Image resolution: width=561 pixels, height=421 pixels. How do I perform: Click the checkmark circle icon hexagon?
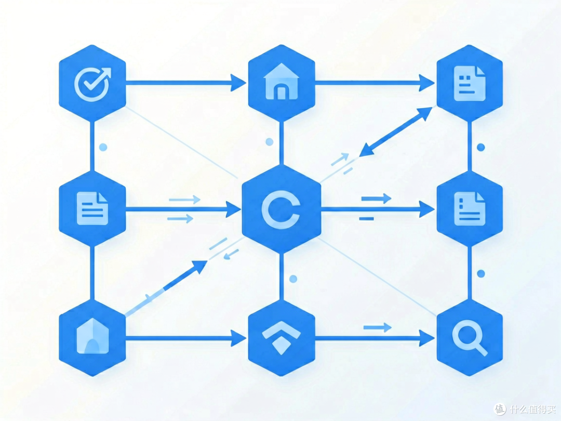pos(92,83)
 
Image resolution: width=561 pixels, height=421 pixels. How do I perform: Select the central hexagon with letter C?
pos(281,209)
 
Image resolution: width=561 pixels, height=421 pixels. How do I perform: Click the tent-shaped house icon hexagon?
pos(92,338)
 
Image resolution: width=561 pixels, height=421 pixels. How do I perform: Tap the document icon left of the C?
pos(92,208)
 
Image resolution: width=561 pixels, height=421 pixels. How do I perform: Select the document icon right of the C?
pos(470,209)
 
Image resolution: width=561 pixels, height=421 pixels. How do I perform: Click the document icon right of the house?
pos(470,83)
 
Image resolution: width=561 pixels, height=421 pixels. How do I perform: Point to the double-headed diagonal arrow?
pos(396,131)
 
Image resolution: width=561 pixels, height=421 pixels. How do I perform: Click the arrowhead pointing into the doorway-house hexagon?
pos(238,83)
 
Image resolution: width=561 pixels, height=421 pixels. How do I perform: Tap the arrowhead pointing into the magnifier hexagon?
pos(427,338)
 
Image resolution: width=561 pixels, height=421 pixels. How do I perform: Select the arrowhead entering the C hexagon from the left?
pos(233,209)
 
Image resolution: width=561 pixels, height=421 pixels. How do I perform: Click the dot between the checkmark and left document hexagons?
pos(103,147)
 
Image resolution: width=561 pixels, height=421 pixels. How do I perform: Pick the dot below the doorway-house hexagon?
pos(270,142)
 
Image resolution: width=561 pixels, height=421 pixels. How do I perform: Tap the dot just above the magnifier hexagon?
pos(481,273)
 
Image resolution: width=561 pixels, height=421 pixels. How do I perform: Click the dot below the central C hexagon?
pos(293,279)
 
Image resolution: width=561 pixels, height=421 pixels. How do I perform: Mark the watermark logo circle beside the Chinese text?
pos(500,409)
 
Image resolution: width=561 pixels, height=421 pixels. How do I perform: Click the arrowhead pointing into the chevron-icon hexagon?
pos(238,338)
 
